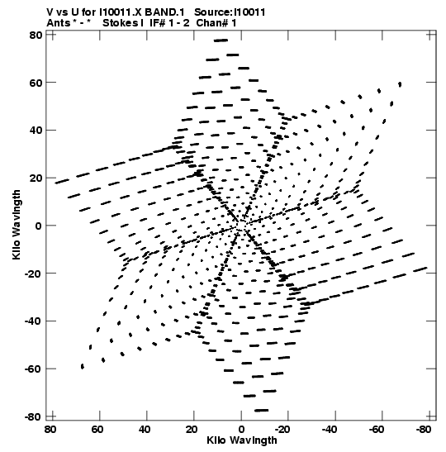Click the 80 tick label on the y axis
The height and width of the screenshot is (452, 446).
[36, 36]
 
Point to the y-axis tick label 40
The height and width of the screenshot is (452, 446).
[36, 131]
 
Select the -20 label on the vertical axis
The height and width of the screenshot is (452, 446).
[33, 274]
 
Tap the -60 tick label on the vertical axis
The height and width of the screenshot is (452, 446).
[33, 369]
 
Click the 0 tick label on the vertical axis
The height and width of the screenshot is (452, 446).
[39, 226]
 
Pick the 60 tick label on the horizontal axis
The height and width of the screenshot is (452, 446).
[97, 430]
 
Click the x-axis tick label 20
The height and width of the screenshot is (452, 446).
[192, 430]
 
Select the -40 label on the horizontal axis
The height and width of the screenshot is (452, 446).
[330, 430]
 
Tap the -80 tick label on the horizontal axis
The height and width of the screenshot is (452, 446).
[424, 430]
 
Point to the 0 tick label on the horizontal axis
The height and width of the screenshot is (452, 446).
[241, 430]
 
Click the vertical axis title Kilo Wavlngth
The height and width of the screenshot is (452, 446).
[17, 225]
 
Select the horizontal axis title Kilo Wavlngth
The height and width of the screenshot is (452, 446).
[242, 440]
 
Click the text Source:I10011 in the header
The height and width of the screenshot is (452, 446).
[230, 12]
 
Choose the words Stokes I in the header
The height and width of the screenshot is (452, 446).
[123, 23]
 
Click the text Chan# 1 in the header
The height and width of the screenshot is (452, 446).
[216, 23]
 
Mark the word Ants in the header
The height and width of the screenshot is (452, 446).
[58, 23]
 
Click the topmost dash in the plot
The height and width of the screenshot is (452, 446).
[221, 40]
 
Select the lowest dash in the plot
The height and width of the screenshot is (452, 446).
[261, 410]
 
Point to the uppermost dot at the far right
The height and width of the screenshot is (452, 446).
[400, 84]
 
